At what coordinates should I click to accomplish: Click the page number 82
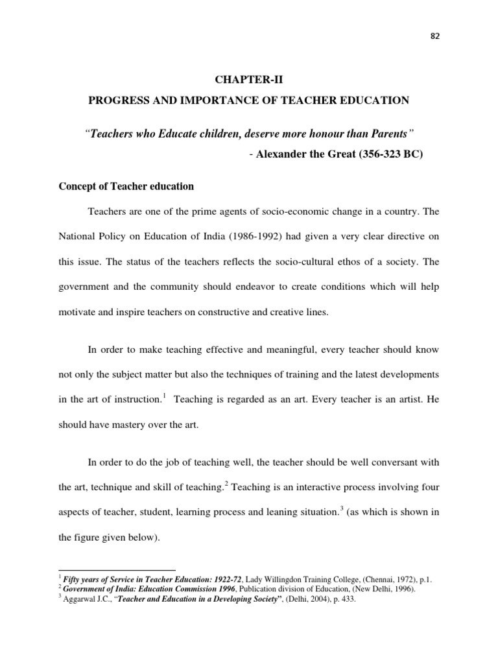click(x=434, y=38)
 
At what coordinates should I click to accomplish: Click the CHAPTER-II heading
click(x=249, y=80)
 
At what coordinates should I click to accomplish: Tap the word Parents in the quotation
click(x=391, y=134)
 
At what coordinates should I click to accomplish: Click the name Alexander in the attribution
click(x=281, y=156)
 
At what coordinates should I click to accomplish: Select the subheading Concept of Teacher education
click(x=126, y=186)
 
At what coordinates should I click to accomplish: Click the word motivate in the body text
click(x=78, y=311)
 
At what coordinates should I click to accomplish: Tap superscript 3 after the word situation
click(x=341, y=508)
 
